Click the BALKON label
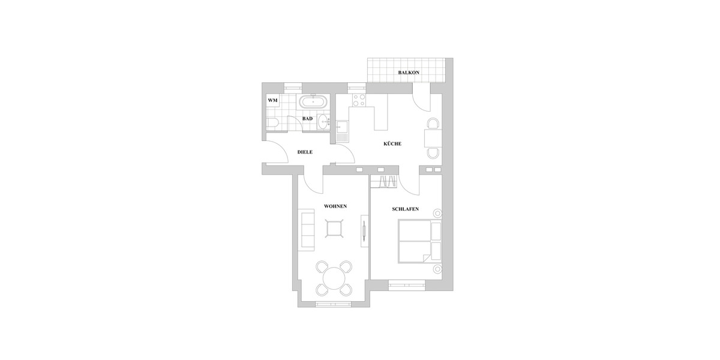[x=408, y=73]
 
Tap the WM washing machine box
[x=272, y=100]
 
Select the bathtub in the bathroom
[x=314, y=101]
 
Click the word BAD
[x=307, y=119]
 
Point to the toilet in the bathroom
[x=272, y=124]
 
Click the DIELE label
[x=305, y=152]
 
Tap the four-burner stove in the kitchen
[x=359, y=100]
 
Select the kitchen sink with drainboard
[x=341, y=130]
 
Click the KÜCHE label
[x=392, y=144]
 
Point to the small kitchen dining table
[x=433, y=139]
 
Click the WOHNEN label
[x=335, y=206]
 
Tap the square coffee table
[x=334, y=229]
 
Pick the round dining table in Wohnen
[x=334, y=278]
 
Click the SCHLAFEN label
[x=405, y=209]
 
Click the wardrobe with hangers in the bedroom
[x=383, y=180]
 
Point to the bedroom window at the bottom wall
[x=407, y=285]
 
